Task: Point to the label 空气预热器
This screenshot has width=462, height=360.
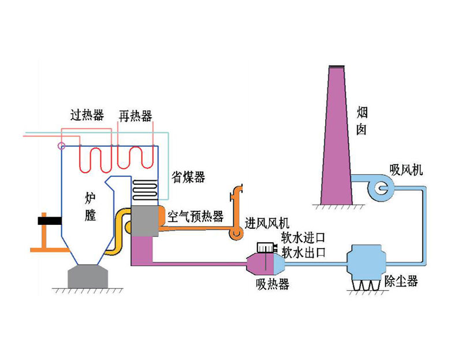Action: (195, 217)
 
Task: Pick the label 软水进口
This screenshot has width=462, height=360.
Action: (304, 237)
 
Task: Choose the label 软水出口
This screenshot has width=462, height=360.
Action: (304, 252)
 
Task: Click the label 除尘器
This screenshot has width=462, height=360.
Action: (401, 282)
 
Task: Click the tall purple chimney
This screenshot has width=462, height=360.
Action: (337, 139)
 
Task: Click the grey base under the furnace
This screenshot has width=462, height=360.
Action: (88, 276)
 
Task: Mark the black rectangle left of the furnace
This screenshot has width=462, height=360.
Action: (48, 220)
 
